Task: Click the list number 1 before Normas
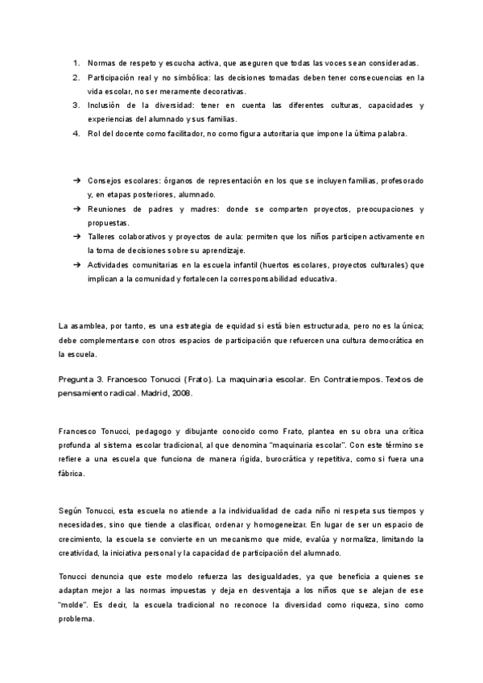pyautogui.click(x=75, y=63)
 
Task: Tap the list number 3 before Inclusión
pyautogui.click(x=75, y=106)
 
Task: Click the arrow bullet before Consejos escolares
pyautogui.click(x=76, y=180)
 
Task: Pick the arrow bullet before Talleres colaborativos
pyautogui.click(x=76, y=237)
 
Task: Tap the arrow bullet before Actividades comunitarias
pyautogui.click(x=76, y=265)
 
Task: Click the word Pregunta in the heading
pyautogui.click(x=80, y=379)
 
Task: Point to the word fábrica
pyautogui.click(x=72, y=474)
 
